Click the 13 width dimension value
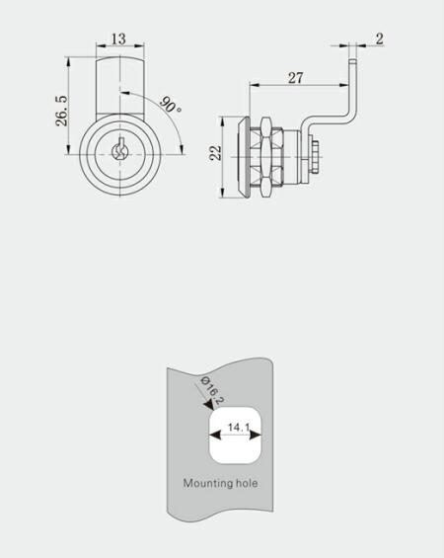coord(118,39)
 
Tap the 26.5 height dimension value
coord(61,110)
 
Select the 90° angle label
coord(171,105)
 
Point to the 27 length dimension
coord(295,78)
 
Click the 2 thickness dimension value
coord(380,39)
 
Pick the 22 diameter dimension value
coord(216,153)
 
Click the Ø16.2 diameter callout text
coord(212,390)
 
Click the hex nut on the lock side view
coord(266,157)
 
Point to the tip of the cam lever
coord(352,61)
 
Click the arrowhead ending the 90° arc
coord(182,150)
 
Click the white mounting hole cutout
coord(236,436)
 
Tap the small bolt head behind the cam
coord(315,156)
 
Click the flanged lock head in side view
coord(244,157)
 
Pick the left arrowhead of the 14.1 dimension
coord(215,436)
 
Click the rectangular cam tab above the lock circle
coord(120,85)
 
